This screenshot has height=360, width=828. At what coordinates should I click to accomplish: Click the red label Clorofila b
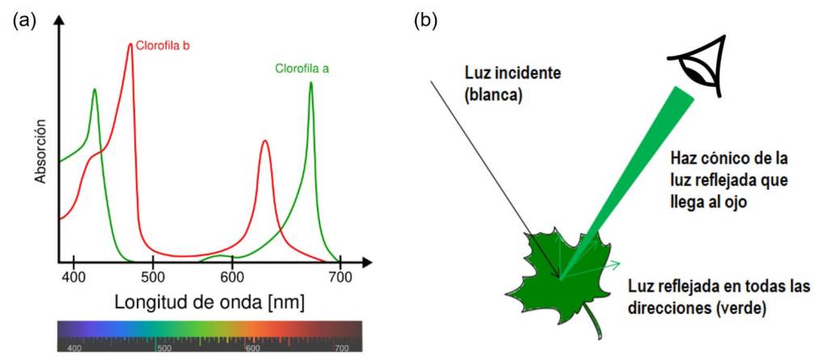163,45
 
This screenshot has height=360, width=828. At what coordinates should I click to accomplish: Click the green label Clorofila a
302,69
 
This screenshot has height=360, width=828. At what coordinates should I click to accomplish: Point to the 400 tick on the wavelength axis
74,276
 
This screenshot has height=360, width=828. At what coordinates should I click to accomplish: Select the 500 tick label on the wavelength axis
154,276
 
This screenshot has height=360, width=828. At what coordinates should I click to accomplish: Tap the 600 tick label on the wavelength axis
233,276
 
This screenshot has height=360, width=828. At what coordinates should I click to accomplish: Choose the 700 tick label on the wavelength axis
340,276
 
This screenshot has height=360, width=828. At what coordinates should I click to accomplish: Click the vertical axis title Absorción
40,151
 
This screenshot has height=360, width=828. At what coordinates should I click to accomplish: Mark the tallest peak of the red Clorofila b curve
130,44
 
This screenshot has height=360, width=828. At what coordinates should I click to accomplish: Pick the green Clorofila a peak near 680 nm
310,83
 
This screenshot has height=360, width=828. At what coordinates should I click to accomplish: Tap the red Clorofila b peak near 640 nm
264,142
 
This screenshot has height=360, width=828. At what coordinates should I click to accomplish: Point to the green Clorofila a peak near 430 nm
95,90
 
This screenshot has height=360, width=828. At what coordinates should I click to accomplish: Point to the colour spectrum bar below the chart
209,336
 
